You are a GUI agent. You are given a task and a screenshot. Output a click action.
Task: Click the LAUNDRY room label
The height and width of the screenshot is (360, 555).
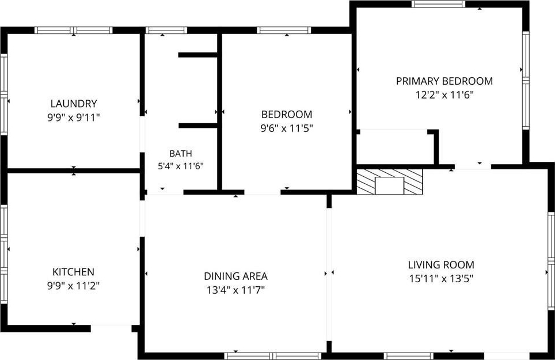point(74,104)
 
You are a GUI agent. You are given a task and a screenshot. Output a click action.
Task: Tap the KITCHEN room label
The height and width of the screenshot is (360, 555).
point(73,272)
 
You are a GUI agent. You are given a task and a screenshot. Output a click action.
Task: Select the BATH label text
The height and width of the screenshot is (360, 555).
point(181,154)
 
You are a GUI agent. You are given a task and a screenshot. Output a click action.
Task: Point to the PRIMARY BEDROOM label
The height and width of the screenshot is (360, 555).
point(444,81)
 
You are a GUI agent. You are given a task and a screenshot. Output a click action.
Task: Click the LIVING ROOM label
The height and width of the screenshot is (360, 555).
point(441,265)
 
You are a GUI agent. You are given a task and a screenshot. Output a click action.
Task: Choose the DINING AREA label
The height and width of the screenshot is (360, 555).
point(235,276)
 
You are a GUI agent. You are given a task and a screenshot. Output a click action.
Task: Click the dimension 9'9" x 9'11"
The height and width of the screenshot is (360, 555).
point(74,118)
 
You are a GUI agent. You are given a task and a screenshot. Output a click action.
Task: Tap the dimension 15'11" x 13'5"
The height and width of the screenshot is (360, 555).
point(441,279)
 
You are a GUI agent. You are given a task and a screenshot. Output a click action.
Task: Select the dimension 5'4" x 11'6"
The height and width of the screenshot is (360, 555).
point(181,166)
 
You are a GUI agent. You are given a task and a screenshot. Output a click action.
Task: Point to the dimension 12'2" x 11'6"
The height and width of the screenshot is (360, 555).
point(444,95)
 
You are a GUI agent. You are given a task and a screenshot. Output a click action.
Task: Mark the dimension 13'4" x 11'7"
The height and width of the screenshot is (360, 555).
point(235,290)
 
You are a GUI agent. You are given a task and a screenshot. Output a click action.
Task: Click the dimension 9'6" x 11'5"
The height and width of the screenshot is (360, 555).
point(287,128)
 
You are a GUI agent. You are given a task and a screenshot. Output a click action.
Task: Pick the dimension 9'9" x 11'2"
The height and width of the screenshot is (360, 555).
point(73,286)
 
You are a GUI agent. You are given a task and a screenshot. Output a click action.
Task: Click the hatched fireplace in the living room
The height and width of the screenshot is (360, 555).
point(389,181)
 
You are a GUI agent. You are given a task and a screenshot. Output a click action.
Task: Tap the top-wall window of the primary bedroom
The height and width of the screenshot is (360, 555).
point(438,4)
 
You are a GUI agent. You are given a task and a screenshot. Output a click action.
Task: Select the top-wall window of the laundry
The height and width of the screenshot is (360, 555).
point(73,31)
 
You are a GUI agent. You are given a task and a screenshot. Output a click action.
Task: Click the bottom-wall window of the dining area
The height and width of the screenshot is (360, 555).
point(272,356)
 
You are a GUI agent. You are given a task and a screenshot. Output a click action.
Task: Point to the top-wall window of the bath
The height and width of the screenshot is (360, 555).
point(166,31)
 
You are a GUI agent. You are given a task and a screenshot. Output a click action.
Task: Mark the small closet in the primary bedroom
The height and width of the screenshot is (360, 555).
point(395,147)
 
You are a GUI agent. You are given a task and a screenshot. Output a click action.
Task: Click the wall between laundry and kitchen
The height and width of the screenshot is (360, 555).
point(74,170)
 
